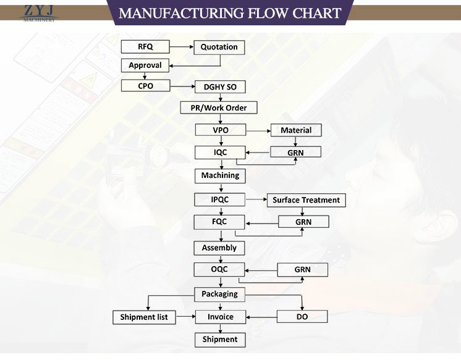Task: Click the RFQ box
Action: pyautogui.click(x=145, y=46)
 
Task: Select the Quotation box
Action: pyautogui.click(x=219, y=47)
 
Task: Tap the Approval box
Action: pyautogui.click(x=145, y=65)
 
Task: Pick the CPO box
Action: pyautogui.click(x=145, y=86)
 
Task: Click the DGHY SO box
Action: pyautogui.click(x=220, y=87)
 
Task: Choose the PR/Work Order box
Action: pyautogui.click(x=219, y=108)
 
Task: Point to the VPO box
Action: pyautogui.click(x=220, y=130)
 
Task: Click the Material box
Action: pyautogui.click(x=296, y=130)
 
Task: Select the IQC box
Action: pyautogui.click(x=220, y=152)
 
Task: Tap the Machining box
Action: pyautogui.click(x=220, y=175)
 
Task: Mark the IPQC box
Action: pyautogui.click(x=220, y=199)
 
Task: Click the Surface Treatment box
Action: pyautogui.click(x=306, y=200)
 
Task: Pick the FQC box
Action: pyautogui.click(x=220, y=222)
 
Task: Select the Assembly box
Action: pyautogui.click(x=219, y=248)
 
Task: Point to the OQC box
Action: pyautogui.click(x=220, y=270)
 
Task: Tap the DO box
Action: pyautogui.click(x=302, y=317)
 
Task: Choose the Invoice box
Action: pyautogui.click(x=220, y=317)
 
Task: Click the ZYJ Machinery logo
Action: pyautogui.click(x=38, y=12)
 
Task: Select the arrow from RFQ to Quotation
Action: pyautogui.click(x=182, y=46)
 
